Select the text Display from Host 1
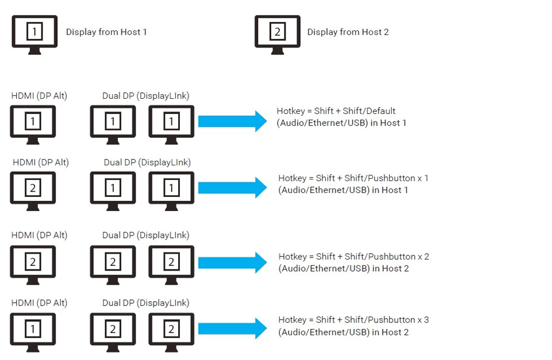click(106, 32)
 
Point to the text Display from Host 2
click(348, 32)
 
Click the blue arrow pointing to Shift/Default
click(232, 122)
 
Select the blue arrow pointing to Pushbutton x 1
click(232, 188)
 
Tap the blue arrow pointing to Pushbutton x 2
click(232, 262)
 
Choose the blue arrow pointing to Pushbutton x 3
click(232, 328)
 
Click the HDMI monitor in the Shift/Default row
click(33, 123)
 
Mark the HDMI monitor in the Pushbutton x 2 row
click(33, 264)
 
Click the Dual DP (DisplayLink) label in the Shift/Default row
click(145, 96)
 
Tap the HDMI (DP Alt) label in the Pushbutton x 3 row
click(39, 303)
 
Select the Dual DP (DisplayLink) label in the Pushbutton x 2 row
click(145, 235)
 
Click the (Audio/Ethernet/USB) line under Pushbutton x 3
click(343, 332)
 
